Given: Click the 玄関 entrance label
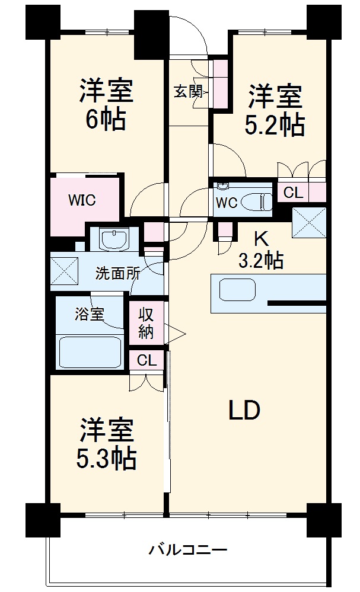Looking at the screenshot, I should pos(188,91).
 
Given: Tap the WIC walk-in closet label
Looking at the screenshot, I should pos(81,200).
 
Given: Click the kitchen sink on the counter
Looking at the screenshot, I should pos(237,290).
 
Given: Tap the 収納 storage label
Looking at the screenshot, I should pos(146,323).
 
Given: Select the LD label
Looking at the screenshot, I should pos(244,410).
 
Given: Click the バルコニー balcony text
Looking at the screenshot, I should pos(187,550).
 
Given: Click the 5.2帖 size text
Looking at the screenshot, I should pos(275,125).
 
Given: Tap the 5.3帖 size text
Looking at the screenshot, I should pos(107,457).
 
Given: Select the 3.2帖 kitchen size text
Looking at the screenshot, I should pos(260,260).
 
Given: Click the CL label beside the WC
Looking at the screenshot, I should pos(292,193).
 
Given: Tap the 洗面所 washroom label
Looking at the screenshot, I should pos(118,274).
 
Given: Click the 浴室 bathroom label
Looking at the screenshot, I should pos(90,313).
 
